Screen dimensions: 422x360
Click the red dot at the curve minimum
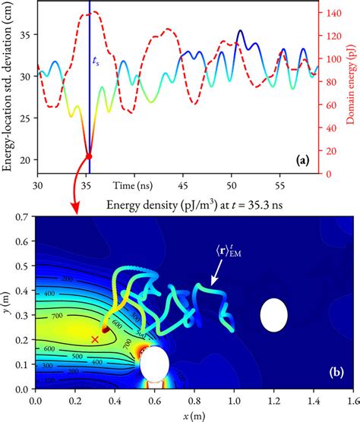[x=90, y=156]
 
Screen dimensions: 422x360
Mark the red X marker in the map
[x=95, y=339]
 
